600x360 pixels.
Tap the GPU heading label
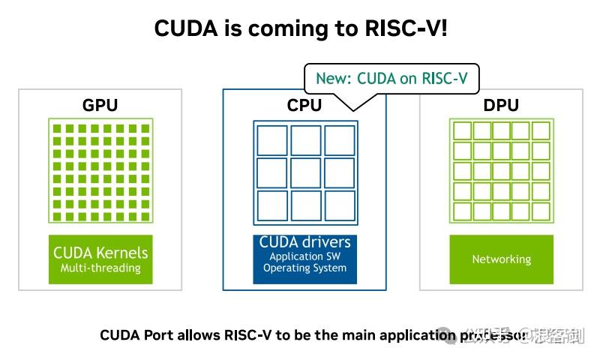coord(100,105)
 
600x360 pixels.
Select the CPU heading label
coord(304,105)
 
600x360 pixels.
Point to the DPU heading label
coord(501,105)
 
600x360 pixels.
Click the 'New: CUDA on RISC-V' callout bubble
coord(391,78)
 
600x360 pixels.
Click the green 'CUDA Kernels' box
coord(100,259)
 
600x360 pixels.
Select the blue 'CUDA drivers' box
coord(304,259)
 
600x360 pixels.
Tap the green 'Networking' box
coord(501,259)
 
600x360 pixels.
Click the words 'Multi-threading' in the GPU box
coord(100,268)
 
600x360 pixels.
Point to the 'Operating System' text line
coord(304,268)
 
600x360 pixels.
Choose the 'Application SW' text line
coord(304,256)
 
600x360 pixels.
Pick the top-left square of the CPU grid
coord(271,140)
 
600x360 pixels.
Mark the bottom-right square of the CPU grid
coord(339,205)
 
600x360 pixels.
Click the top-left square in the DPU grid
coord(462,131)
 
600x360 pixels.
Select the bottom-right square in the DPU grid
coord(541,211)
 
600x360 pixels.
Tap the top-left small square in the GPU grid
coord(57,128)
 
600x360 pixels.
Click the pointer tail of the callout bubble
coord(352,103)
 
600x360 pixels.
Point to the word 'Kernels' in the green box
coord(121,253)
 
